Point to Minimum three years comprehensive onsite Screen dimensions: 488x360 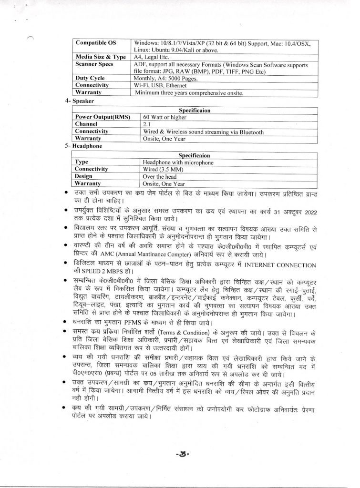click(189, 92)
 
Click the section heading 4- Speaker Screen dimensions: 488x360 click(80, 101)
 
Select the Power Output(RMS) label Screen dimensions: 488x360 click(98, 117)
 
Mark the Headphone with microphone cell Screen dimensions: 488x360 click(178, 162)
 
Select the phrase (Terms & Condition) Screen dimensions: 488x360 click(192, 331)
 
